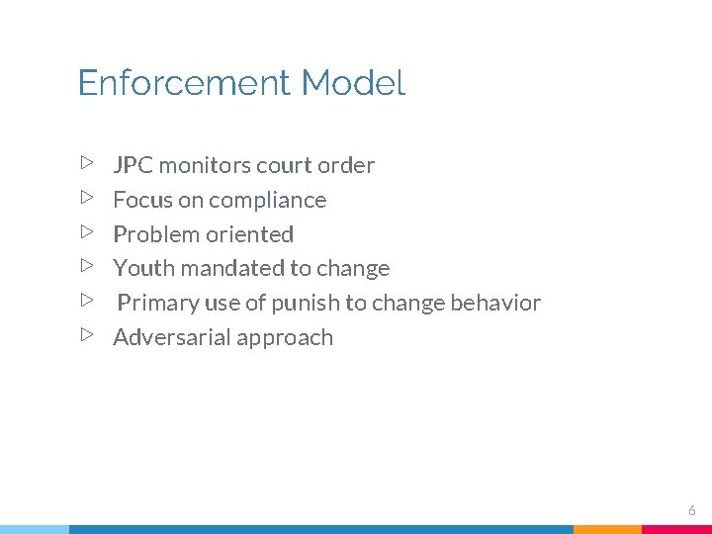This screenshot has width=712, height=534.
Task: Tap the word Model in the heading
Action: (x=353, y=83)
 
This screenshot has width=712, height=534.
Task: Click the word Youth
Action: (x=143, y=268)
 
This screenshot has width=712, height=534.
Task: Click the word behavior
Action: (x=494, y=303)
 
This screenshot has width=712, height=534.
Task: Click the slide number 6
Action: (x=692, y=510)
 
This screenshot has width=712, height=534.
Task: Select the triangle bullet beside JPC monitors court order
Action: (x=87, y=161)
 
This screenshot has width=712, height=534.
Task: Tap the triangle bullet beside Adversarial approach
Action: (x=87, y=334)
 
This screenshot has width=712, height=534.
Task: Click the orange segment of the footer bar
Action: (x=607, y=529)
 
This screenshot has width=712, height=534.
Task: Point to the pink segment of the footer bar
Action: (x=676, y=529)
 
